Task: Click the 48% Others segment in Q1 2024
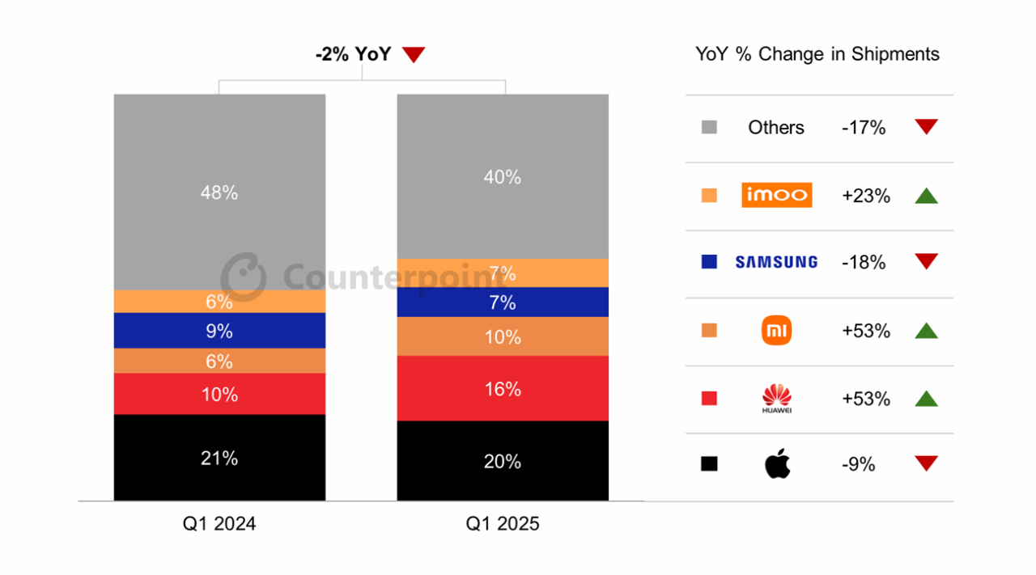pyautogui.click(x=219, y=192)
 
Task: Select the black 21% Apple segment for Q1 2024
pyautogui.click(x=219, y=458)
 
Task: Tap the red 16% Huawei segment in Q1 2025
pyautogui.click(x=503, y=389)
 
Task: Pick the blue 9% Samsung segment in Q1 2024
pyautogui.click(x=219, y=331)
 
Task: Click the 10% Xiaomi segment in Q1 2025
pyautogui.click(x=503, y=336)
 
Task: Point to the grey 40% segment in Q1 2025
pyautogui.click(x=503, y=176)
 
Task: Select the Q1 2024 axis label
pyautogui.click(x=219, y=524)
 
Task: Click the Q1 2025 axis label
pyautogui.click(x=502, y=524)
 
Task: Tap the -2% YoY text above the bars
pyautogui.click(x=353, y=55)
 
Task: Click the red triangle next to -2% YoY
pyautogui.click(x=414, y=55)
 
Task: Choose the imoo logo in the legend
pyautogui.click(x=776, y=195)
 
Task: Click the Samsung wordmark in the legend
pyautogui.click(x=776, y=262)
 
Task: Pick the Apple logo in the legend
pyautogui.click(x=777, y=463)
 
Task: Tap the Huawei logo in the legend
pyautogui.click(x=776, y=398)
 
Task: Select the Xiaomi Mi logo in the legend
pyautogui.click(x=776, y=331)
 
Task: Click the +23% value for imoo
pyautogui.click(x=866, y=196)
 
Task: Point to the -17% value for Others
pyautogui.click(x=864, y=128)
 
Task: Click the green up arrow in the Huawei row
pyautogui.click(x=926, y=399)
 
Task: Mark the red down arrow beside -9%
pyautogui.click(x=926, y=463)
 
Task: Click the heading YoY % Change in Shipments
pyautogui.click(x=817, y=54)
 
